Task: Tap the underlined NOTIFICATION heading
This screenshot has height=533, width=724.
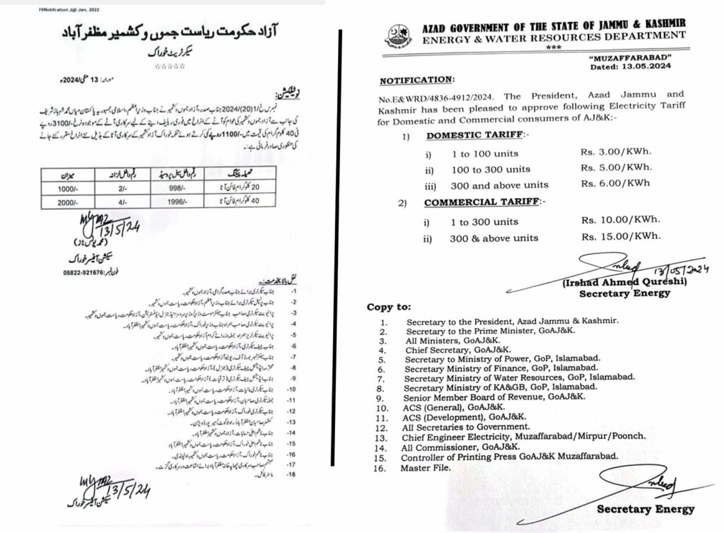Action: coord(415,81)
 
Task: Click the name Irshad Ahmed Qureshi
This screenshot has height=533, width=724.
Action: coord(614,283)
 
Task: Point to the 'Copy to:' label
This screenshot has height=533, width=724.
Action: coord(389,307)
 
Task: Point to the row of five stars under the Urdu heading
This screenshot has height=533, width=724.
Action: coord(170,66)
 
